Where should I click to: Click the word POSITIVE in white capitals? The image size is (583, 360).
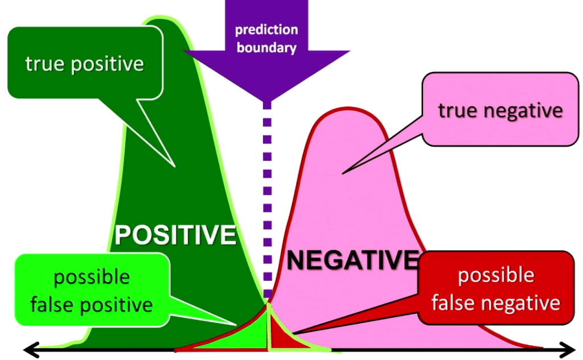click(175, 234)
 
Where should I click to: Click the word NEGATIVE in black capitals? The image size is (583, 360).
click(352, 260)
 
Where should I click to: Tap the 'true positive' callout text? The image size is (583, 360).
click(84, 64)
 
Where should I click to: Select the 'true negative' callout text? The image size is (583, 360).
click(500, 111)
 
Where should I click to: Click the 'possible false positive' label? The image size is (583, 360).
click(91, 291)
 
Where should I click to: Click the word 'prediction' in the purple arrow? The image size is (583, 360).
click(266, 30)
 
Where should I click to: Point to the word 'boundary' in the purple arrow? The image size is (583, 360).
click(266, 47)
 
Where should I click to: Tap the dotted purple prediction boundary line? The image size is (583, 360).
click(267, 199)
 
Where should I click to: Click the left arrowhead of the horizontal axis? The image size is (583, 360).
click(28, 349)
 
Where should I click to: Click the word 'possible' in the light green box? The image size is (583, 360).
click(91, 277)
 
